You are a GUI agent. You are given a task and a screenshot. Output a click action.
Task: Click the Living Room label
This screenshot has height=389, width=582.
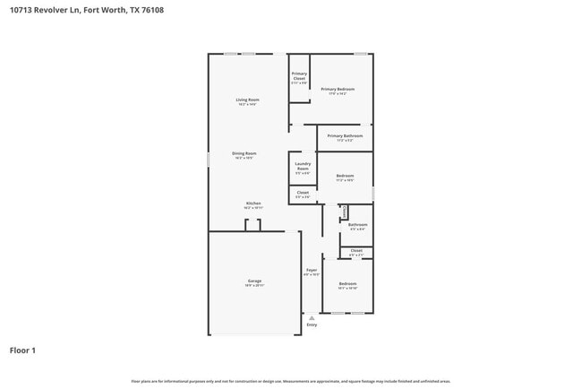pyautogui.click(x=247, y=99)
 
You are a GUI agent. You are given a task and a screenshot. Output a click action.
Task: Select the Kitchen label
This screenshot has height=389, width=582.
pyautogui.click(x=253, y=203)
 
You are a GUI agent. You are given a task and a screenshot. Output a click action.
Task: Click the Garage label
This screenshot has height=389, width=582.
pyautogui.click(x=254, y=281)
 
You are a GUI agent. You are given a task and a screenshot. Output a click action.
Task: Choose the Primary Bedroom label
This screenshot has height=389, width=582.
pyautogui.click(x=338, y=89)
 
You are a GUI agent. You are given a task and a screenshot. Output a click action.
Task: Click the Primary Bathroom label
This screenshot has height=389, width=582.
pyautogui.click(x=338, y=135)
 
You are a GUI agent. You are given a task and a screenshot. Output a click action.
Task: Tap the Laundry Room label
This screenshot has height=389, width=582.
pyautogui.click(x=302, y=166)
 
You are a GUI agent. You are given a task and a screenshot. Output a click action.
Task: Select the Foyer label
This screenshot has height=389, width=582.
pyautogui.click(x=312, y=270)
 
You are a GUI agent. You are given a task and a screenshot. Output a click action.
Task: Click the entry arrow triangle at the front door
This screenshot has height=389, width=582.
pyautogui.click(x=312, y=317)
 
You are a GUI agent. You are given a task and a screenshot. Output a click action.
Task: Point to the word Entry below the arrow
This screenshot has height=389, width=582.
pyautogui.click(x=312, y=324)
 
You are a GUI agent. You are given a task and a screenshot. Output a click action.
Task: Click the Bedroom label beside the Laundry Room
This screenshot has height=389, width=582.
pyautogui.click(x=345, y=176)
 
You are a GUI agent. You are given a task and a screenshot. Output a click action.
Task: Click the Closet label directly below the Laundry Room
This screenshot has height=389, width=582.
pyautogui.click(x=302, y=192)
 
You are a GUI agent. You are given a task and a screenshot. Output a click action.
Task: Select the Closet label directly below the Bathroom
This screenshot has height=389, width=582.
pyautogui.click(x=356, y=250)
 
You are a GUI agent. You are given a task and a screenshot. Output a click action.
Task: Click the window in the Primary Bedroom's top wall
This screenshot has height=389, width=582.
pyautogui.click(x=360, y=54)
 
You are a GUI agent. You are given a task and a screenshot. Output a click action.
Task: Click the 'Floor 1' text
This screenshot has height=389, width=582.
pyautogui.click(x=22, y=350)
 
